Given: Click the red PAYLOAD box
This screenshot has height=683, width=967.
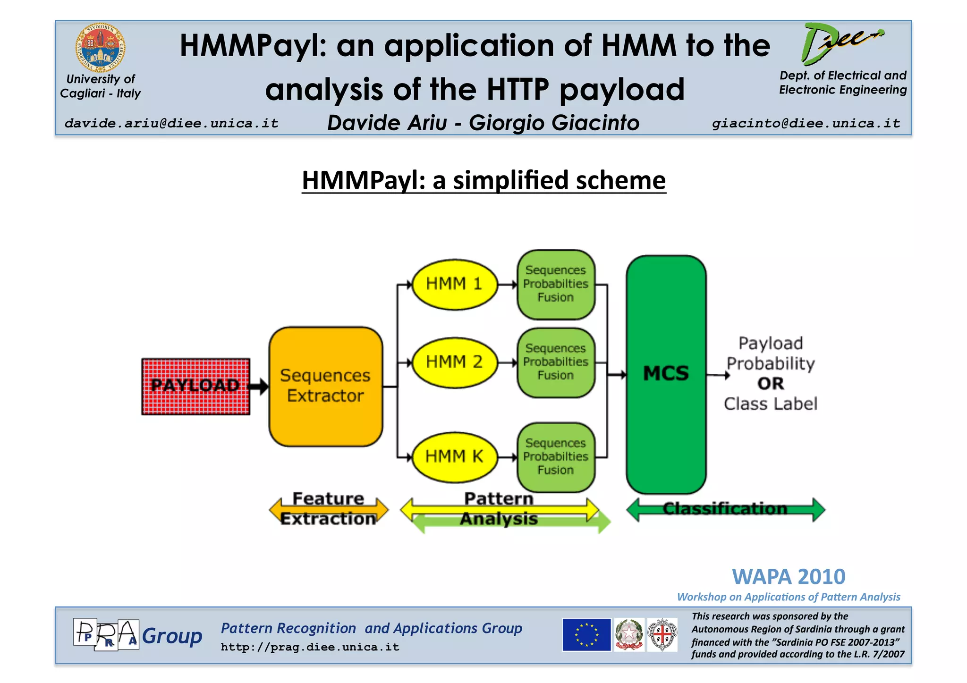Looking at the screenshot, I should [195, 386].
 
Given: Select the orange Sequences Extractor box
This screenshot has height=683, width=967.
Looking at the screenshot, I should [325, 386].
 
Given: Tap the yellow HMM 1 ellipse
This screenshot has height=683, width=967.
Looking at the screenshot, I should [454, 284].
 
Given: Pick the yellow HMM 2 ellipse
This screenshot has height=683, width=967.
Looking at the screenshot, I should [454, 362].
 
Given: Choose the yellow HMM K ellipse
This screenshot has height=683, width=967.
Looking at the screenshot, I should [454, 457].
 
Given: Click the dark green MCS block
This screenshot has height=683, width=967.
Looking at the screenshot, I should [666, 374].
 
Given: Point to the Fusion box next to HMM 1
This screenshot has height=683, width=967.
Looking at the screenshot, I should [556, 284].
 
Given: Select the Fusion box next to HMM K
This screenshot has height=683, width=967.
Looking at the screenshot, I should [556, 457].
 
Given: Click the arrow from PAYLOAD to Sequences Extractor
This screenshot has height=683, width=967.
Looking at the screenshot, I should [259, 387].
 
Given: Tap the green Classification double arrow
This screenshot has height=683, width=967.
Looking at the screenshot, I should [726, 509].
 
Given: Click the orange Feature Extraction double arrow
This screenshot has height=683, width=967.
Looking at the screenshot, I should [328, 509].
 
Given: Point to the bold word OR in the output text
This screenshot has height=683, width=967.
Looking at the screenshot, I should [771, 384].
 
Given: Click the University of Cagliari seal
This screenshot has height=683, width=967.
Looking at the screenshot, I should [101, 47].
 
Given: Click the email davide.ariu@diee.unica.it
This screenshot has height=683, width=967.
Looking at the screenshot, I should [171, 124].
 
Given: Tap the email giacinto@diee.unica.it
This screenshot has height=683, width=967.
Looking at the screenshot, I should [806, 124].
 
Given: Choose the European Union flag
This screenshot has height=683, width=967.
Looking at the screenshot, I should [586, 635].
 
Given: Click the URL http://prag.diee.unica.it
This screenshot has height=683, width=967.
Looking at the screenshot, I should [310, 647].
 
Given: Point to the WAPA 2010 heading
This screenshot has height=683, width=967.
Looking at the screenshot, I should [789, 577].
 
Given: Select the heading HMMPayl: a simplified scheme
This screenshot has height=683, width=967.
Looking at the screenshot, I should [483, 180].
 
